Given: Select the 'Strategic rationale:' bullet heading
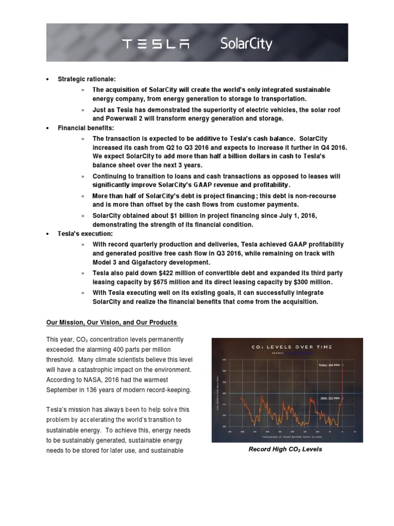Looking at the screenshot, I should pos(87,79).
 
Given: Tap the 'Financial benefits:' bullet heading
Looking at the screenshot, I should pos(86,127).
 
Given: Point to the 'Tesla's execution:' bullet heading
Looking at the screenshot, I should pos(85,234).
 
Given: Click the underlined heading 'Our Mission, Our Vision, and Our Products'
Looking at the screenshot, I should pos(111,323).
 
